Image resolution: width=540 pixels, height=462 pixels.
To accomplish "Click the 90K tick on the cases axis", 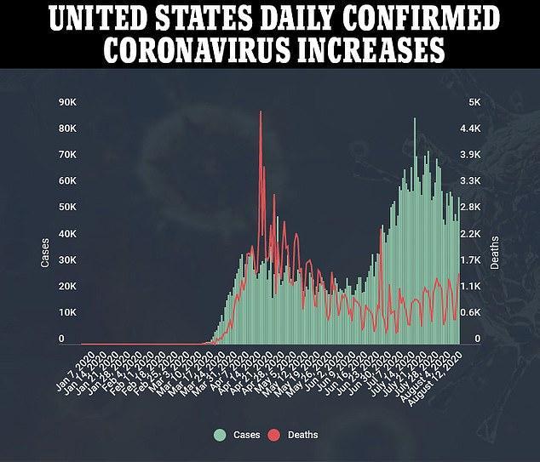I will (67, 102).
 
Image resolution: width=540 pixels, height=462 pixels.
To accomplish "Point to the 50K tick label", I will (67, 208).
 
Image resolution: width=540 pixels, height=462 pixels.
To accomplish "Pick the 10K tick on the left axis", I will (67, 313).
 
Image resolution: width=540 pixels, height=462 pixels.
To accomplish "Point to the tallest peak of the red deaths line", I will (261, 111).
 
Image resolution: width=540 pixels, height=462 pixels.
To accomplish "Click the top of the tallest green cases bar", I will (415, 118).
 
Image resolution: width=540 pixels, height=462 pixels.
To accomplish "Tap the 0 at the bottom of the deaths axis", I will (478, 339).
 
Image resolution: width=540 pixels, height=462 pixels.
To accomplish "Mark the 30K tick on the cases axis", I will (67, 260).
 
